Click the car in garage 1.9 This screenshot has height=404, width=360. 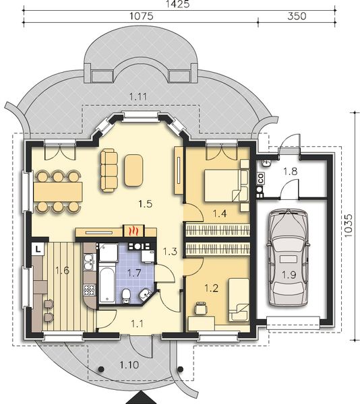[287, 257]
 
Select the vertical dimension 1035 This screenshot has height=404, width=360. [348, 223]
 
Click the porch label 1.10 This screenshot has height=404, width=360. [130, 366]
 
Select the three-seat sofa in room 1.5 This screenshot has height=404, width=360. [109, 170]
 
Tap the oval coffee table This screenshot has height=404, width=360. [133, 170]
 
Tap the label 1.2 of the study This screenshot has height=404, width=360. [211, 289]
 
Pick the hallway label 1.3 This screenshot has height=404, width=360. [170, 252]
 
